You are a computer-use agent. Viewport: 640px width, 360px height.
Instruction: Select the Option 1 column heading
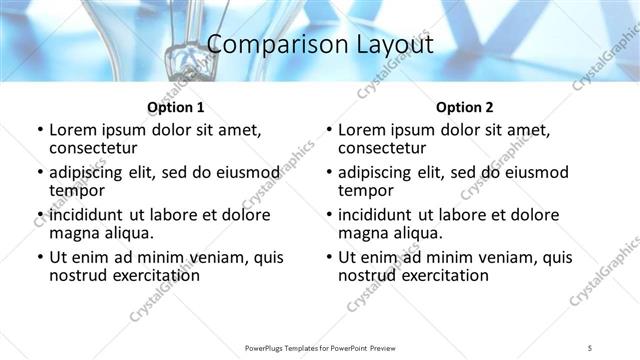point(175,107)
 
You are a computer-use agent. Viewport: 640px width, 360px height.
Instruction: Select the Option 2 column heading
point(464,107)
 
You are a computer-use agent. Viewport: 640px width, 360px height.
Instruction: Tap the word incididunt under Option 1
point(87,215)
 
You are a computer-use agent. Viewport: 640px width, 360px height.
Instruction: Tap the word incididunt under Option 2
point(376,215)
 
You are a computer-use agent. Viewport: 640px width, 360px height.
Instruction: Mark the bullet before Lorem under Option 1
point(39,130)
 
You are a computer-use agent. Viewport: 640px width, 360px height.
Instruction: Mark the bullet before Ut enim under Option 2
point(328,257)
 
